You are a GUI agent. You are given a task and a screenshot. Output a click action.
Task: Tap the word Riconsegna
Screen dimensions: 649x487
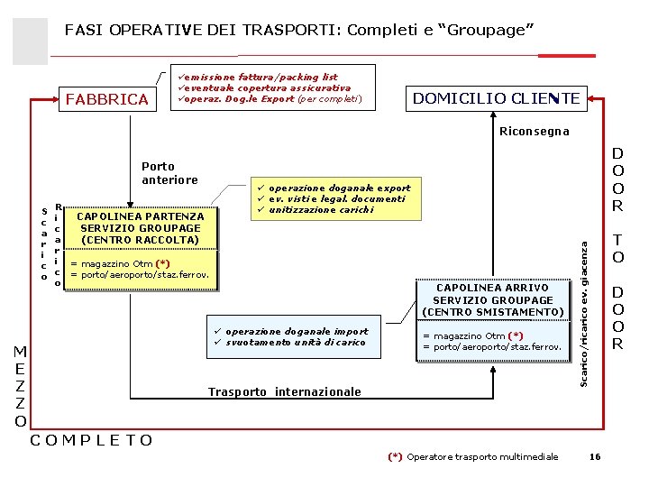(535, 132)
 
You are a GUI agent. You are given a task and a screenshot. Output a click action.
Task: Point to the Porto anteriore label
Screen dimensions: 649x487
(170, 173)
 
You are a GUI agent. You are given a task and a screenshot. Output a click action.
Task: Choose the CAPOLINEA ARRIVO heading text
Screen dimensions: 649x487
(493, 288)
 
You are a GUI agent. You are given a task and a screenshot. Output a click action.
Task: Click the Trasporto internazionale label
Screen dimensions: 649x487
(285, 391)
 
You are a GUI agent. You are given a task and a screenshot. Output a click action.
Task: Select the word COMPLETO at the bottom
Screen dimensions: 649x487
(92, 440)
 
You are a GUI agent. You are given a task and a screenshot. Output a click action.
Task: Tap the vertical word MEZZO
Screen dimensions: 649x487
(20, 386)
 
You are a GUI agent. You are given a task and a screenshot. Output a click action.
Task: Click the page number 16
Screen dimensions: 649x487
(594, 457)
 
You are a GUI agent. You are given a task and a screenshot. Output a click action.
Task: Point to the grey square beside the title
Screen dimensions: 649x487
(31, 41)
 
